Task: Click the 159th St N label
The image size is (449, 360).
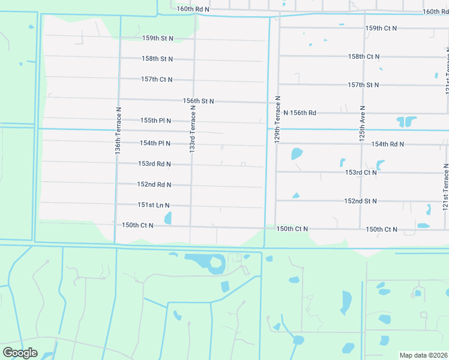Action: pyautogui.click(x=158, y=38)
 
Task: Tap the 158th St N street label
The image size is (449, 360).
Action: pyautogui.click(x=158, y=59)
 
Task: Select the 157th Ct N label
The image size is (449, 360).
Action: pyautogui.click(x=157, y=79)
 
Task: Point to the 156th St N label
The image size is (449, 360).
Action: pyautogui.click(x=199, y=101)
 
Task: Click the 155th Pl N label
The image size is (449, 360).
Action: pyautogui.click(x=156, y=121)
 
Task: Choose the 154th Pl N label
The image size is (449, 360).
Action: pyautogui.click(x=155, y=143)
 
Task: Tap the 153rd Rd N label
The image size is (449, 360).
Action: pyautogui.click(x=155, y=164)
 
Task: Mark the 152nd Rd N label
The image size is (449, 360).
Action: pyautogui.click(x=154, y=185)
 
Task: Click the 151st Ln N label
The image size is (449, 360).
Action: pyautogui.click(x=154, y=205)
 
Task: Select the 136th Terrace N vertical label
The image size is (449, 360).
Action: pyautogui.click(x=119, y=132)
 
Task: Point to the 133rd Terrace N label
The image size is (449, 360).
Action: pyautogui.click(x=193, y=128)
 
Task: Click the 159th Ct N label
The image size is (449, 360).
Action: pyautogui.click(x=381, y=29)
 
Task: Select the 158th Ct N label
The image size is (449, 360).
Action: pyautogui.click(x=364, y=56)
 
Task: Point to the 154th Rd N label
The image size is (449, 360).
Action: pyautogui.click(x=387, y=145)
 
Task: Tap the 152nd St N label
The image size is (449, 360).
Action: pyautogui.click(x=361, y=201)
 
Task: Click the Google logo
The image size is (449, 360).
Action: pyautogui.click(x=20, y=353)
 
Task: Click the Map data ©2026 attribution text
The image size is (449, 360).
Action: pyautogui.click(x=423, y=355)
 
